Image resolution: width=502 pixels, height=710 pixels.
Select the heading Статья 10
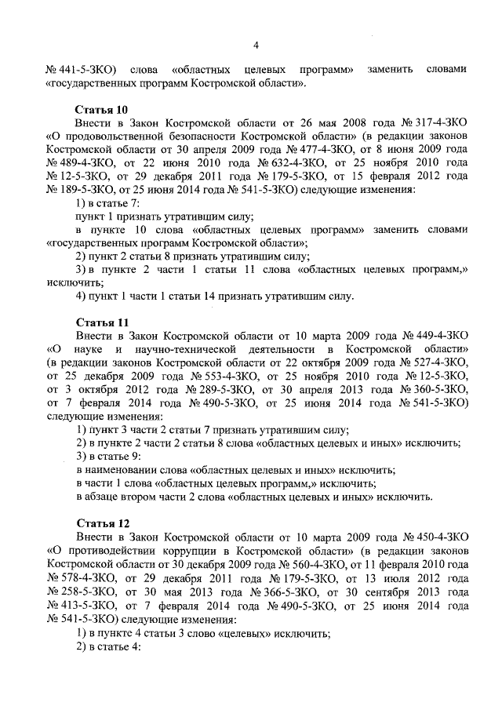pyautogui.click(x=101, y=110)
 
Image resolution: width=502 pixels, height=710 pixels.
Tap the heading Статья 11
pyautogui.click(x=101, y=322)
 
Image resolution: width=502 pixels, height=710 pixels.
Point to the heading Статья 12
pyautogui.click(x=101, y=522)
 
